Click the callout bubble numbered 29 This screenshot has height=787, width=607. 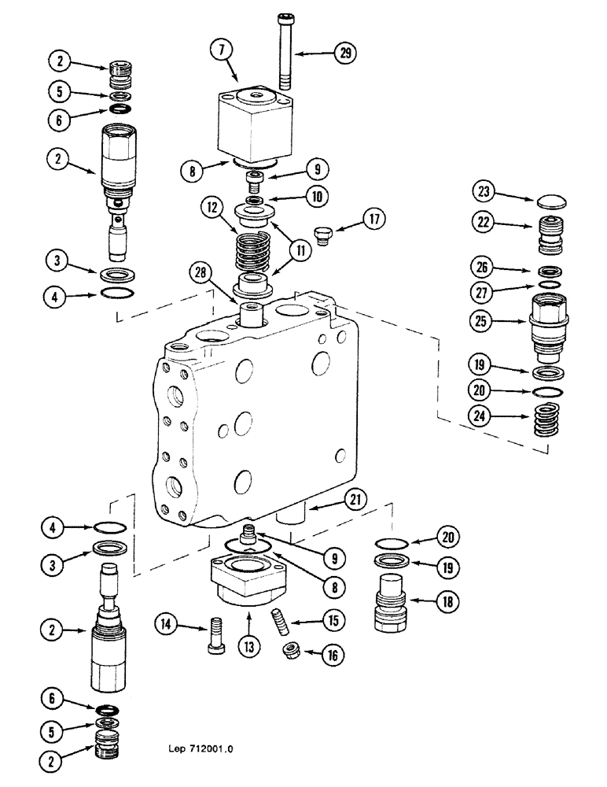(344, 54)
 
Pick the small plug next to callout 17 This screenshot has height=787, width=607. (319, 233)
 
